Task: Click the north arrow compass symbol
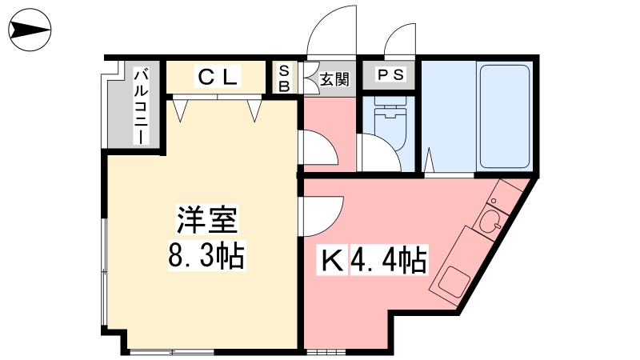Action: (x=30, y=30)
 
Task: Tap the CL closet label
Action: (x=217, y=77)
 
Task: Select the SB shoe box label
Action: (x=284, y=78)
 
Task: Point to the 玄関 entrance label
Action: (x=334, y=79)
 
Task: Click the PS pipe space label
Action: (x=390, y=75)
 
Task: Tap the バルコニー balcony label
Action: (x=142, y=107)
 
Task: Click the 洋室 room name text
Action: (x=207, y=220)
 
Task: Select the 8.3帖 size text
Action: (x=206, y=255)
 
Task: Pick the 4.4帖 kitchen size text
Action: (x=389, y=259)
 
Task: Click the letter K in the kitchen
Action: (x=333, y=261)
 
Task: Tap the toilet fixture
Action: (x=390, y=122)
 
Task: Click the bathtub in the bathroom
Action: (x=505, y=116)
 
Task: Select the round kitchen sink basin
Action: (x=492, y=222)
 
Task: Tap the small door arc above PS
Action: (x=399, y=38)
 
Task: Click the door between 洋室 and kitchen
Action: (x=322, y=216)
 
